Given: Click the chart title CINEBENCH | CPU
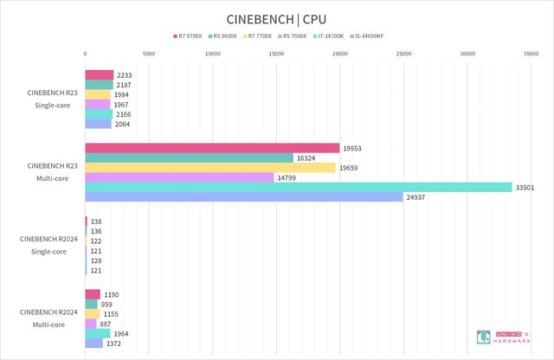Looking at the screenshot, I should [277, 16].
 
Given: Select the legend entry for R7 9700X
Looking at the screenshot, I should [190, 35].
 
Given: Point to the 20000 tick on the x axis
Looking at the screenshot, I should [340, 54].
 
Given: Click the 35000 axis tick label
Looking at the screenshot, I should [531, 54].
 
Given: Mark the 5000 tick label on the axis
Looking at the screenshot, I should [149, 54].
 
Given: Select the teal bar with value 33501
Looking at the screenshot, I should [299, 187].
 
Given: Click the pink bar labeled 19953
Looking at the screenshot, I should [212, 148].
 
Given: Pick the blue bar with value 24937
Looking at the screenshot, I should [244, 197].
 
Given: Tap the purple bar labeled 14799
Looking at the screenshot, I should [179, 177].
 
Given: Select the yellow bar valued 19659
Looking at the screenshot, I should [210, 168].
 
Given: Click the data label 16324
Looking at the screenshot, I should [307, 158].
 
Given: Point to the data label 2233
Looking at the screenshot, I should [123, 74].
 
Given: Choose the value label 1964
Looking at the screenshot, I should [124, 334].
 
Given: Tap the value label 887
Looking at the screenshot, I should [108, 324].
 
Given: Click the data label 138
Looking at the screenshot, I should [96, 222].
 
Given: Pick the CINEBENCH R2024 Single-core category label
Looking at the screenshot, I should [53, 245].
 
